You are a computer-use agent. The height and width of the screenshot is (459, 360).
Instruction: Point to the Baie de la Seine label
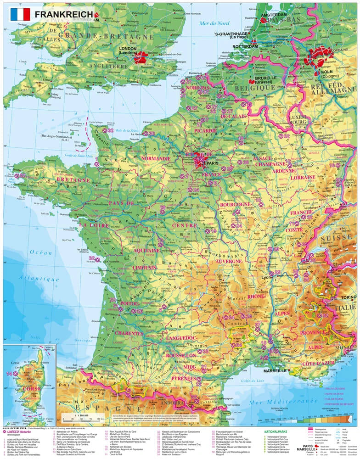[x=126, y=132]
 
